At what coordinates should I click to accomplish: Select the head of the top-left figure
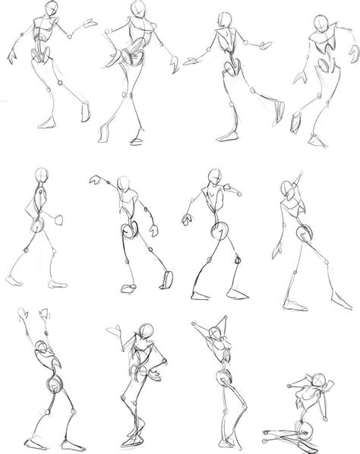51,9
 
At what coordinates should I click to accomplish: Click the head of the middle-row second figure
125,184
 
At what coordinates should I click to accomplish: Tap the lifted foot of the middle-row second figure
128,285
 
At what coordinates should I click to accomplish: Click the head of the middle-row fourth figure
289,188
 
